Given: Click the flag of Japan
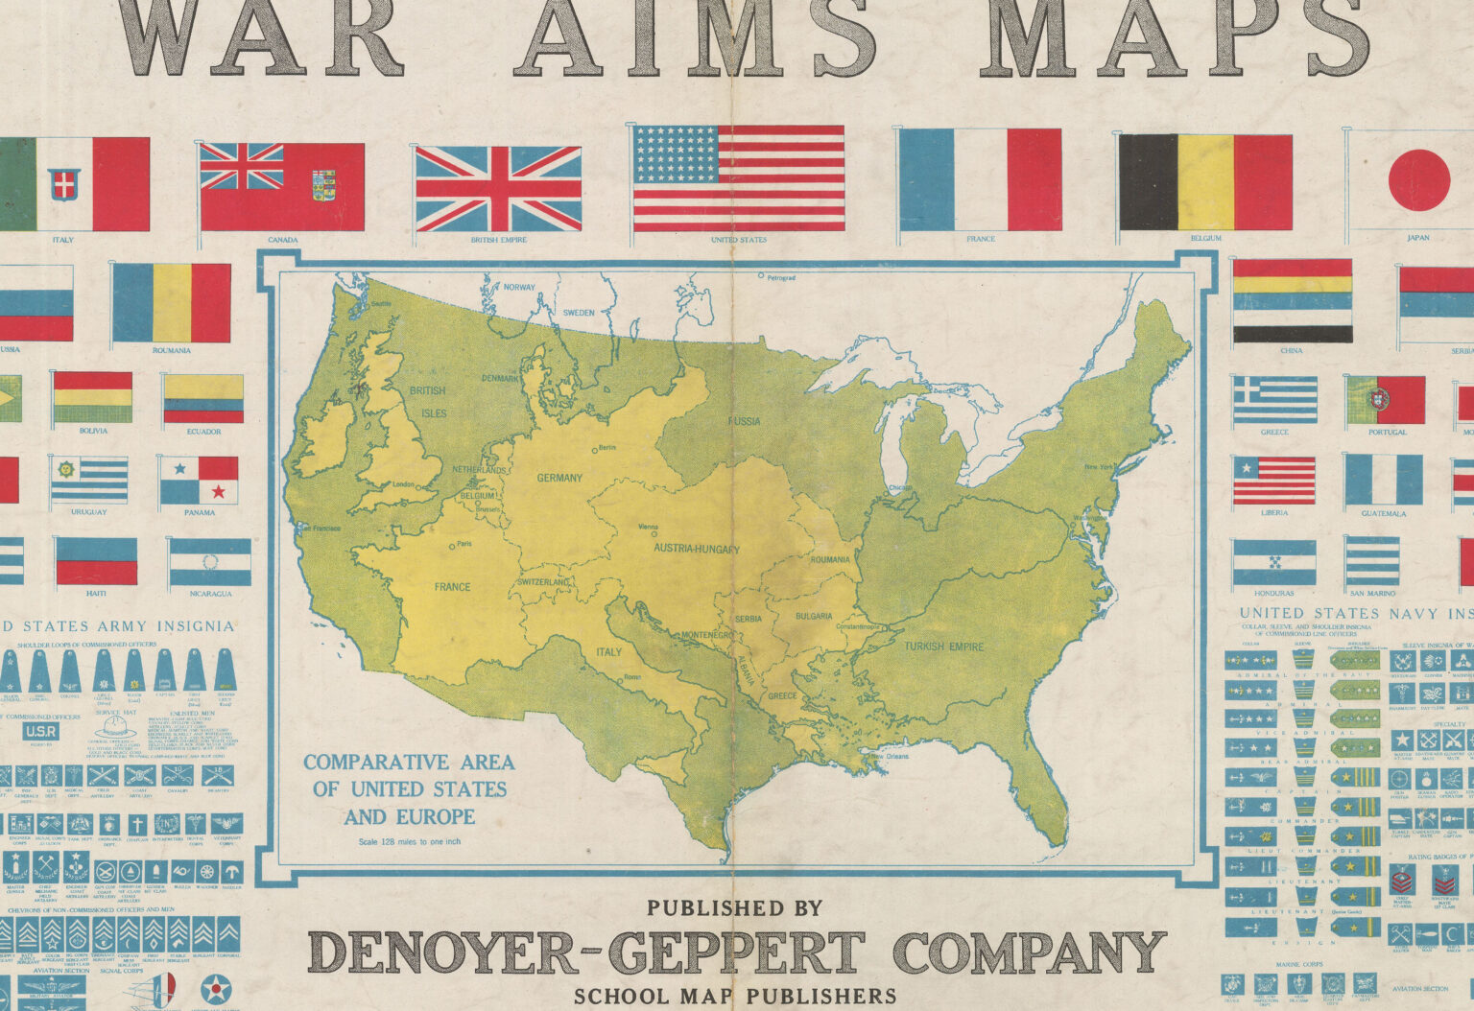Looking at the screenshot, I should point(1417,181).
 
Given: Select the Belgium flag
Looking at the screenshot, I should point(1205,182).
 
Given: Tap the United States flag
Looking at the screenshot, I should point(738,178).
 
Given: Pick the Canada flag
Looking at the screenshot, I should point(282,187).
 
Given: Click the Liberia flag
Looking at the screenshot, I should point(1273,481).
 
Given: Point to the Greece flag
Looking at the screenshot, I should point(1274,400).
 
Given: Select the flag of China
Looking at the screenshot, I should point(1292,300).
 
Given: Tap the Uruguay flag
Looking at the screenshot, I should point(89,481).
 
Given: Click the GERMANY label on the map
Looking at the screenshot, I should point(559,478).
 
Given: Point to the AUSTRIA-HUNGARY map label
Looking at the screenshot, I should point(697,549).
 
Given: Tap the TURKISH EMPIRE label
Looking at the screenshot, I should point(943,647).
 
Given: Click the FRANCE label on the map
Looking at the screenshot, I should point(452,586).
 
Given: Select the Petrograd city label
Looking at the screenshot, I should point(779,277).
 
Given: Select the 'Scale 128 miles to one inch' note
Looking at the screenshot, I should point(410,842).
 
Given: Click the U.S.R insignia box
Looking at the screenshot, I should point(41,731).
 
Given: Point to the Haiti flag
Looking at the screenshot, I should point(96,561).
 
